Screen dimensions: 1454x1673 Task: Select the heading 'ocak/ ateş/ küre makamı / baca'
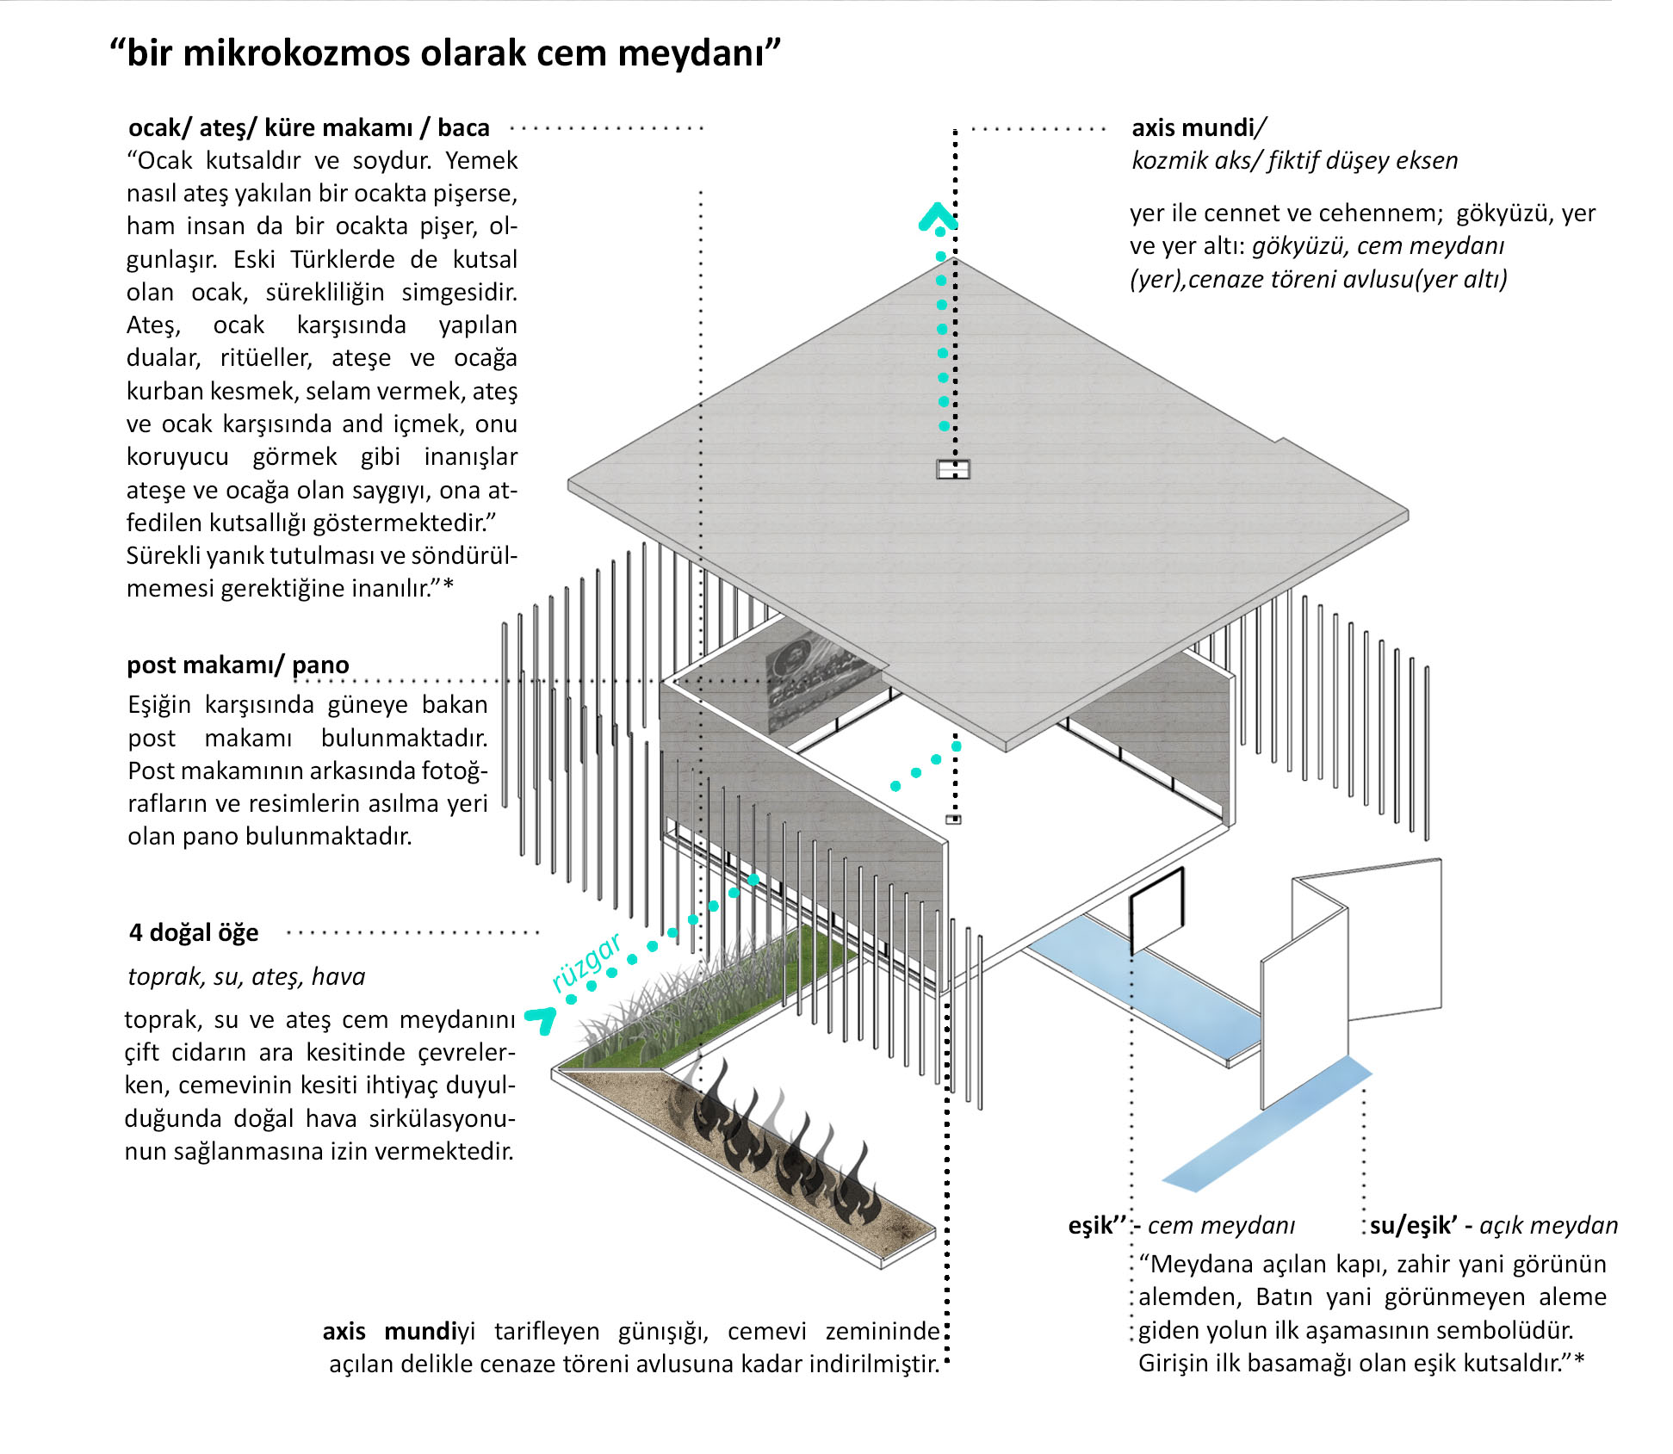pos(308,127)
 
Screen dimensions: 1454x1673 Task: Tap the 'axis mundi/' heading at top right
pos(1198,127)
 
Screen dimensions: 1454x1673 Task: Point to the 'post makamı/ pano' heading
pos(238,665)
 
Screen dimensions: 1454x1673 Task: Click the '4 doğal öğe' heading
pos(194,932)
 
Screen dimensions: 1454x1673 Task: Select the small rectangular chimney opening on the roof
pos(953,469)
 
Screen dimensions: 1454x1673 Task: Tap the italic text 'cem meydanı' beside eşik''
pos(1221,1225)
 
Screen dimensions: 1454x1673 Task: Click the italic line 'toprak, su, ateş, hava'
pos(246,976)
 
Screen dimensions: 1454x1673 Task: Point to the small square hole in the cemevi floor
pos(953,820)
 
